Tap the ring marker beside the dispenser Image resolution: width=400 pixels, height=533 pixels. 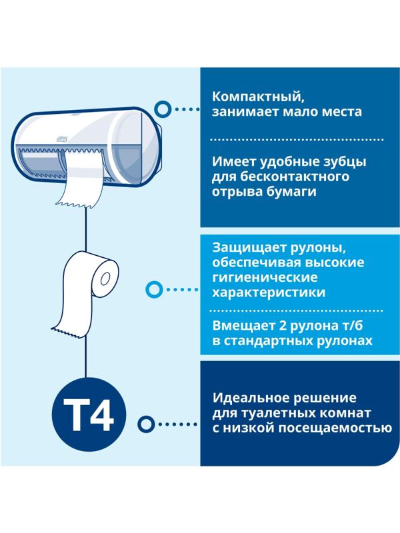tap(161, 108)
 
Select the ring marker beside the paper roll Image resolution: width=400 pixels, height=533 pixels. tap(154, 289)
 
